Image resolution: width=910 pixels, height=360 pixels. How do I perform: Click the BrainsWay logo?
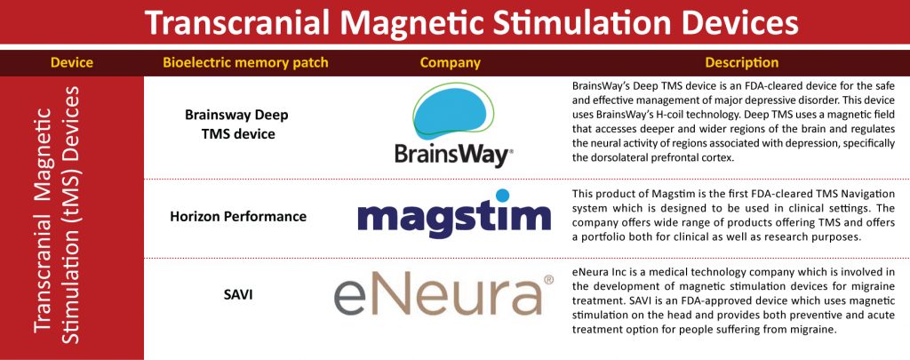point(454,125)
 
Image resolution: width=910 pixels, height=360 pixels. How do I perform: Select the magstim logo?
point(454,213)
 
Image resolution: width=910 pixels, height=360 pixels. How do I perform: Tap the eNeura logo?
point(444,295)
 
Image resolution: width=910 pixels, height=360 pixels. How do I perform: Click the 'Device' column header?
point(72,63)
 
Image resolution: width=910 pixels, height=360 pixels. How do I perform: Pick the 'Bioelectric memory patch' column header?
point(245,63)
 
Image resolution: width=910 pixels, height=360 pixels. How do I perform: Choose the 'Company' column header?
point(451,63)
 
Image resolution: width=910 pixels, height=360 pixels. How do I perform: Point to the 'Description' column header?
point(742,63)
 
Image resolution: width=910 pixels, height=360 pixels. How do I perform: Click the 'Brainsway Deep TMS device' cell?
point(236,124)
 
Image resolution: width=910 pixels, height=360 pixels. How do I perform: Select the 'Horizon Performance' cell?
point(238,217)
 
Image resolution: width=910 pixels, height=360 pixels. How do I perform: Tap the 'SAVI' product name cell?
point(238,295)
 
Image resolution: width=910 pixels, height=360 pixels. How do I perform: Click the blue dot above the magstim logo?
point(503,195)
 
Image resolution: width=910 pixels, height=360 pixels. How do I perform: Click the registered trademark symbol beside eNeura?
point(548,280)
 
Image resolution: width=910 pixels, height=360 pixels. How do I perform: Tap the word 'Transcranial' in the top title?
point(238,22)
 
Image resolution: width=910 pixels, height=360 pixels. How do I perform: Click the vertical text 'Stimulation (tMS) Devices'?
point(70,215)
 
